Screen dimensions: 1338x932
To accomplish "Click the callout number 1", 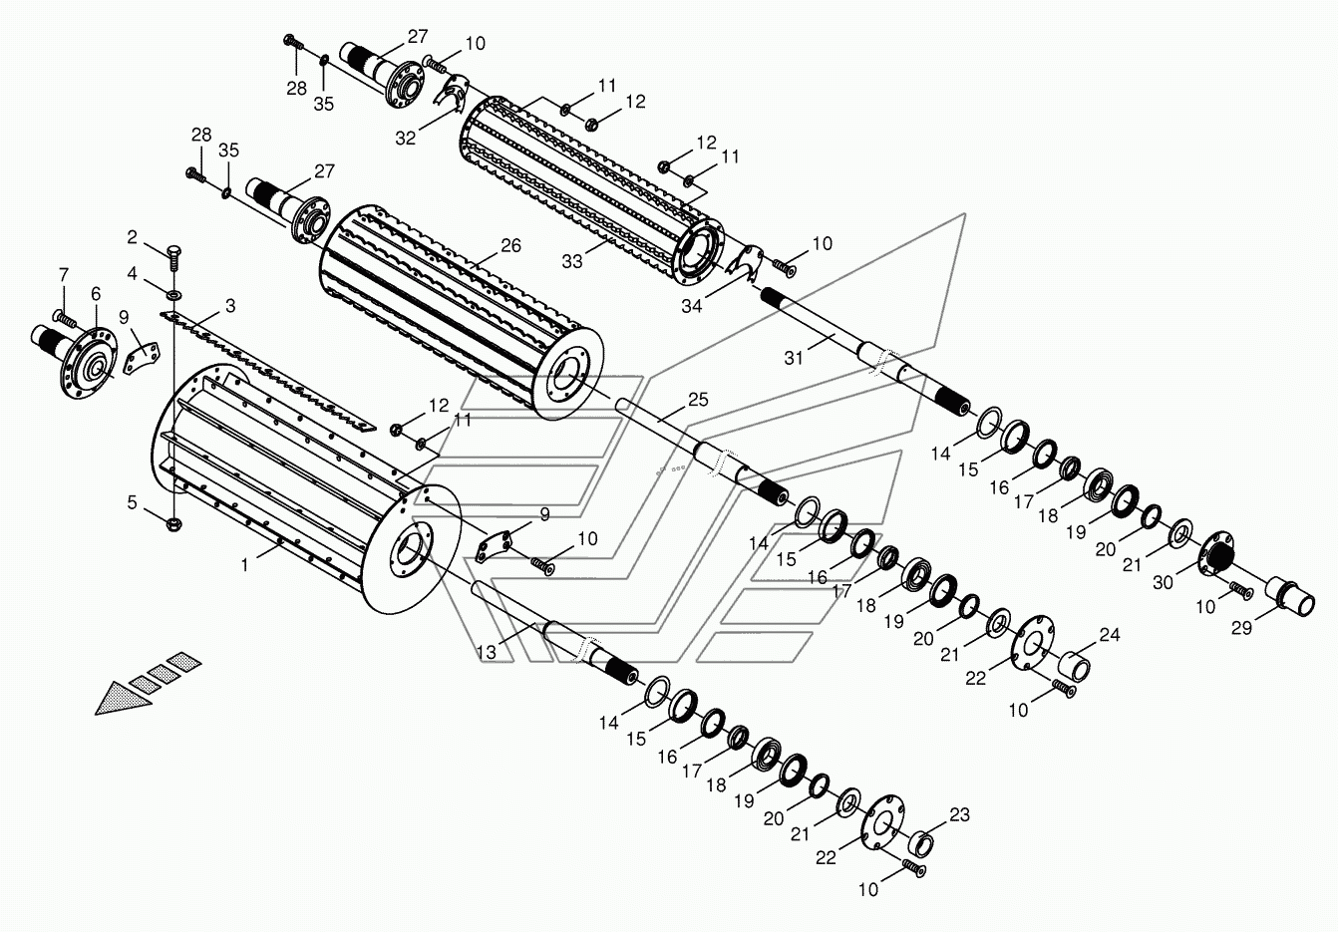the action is pyautogui.click(x=244, y=564).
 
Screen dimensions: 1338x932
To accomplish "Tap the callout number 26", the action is pyautogui.click(x=510, y=245).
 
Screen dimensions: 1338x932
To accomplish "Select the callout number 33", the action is pyautogui.click(x=572, y=261).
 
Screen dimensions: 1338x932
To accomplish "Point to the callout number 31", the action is pyautogui.click(x=794, y=358).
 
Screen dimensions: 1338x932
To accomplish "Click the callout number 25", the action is pyautogui.click(x=698, y=400).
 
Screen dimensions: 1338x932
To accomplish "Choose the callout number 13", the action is pyautogui.click(x=487, y=653).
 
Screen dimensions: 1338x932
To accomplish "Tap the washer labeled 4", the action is pyautogui.click(x=173, y=294).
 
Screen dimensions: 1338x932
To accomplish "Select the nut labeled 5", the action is pyautogui.click(x=173, y=524).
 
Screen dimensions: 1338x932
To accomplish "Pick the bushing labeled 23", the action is pyautogui.click(x=920, y=843).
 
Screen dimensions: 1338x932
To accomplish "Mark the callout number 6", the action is pyautogui.click(x=96, y=294).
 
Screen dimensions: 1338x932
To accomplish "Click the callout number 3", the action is pyautogui.click(x=230, y=306).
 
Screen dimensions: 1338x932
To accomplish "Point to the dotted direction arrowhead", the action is pyautogui.click(x=123, y=699).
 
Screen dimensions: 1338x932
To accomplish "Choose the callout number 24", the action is pyautogui.click(x=1110, y=635).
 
